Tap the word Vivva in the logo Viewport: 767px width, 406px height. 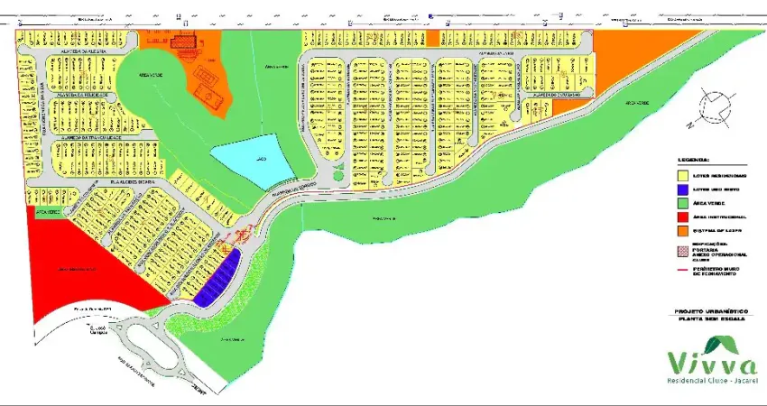(712, 363)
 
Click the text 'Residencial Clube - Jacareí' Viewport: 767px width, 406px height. (712, 383)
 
